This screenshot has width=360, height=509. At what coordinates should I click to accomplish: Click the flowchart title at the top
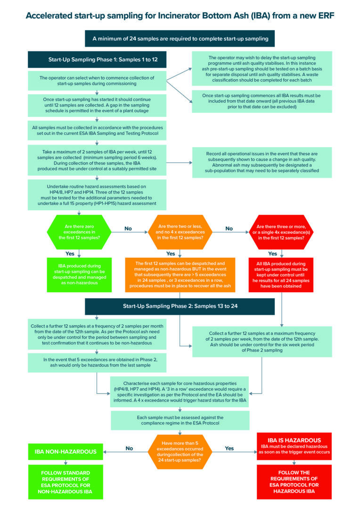180,16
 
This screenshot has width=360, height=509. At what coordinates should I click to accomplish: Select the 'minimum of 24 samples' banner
180,39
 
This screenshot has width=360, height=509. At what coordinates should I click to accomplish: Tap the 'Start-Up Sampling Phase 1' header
97,60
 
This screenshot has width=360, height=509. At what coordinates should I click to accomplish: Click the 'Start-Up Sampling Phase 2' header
180,306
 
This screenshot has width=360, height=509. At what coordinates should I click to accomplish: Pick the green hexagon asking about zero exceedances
79,232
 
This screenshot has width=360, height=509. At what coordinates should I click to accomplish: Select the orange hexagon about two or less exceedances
180,232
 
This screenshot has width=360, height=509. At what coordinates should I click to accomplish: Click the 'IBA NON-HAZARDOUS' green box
65,452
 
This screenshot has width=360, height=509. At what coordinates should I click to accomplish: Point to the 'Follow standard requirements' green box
65,482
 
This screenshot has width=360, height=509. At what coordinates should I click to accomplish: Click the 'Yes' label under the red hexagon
273,254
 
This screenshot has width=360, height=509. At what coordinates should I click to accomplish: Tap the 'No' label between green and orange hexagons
128,229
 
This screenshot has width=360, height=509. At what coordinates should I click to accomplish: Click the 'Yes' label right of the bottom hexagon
229,448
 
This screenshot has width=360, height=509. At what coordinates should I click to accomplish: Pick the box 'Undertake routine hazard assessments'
97,194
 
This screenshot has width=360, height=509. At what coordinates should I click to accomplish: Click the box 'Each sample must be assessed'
180,420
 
